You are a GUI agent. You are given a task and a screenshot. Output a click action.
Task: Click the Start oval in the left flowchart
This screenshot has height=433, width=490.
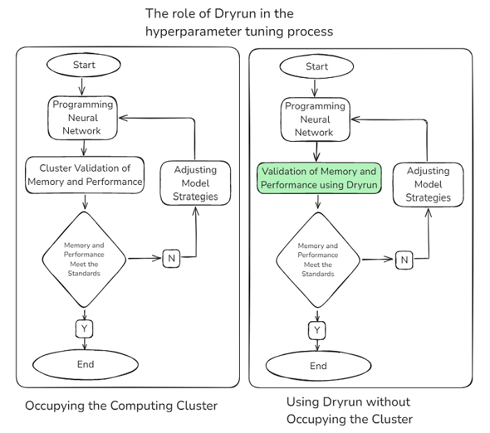click(83, 65)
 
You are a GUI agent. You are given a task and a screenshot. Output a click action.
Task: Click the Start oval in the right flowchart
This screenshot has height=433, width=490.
click(316, 67)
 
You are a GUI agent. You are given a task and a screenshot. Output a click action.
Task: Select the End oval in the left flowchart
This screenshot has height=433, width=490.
click(85, 364)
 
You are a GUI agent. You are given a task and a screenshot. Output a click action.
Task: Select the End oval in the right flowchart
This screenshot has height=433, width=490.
click(318, 366)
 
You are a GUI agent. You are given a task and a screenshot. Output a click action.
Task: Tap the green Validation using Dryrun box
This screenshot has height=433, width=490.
click(319, 179)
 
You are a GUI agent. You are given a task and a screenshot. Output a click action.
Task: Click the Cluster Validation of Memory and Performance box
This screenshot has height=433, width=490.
click(85, 175)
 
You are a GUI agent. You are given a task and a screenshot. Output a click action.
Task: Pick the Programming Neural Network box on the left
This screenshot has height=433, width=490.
click(83, 117)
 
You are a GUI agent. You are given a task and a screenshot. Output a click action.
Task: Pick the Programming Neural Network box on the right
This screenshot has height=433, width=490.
click(314, 120)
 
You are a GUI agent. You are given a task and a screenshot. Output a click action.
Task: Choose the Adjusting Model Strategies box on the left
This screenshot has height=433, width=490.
click(195, 183)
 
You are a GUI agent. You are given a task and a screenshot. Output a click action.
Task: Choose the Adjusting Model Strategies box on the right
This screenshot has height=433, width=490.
click(428, 185)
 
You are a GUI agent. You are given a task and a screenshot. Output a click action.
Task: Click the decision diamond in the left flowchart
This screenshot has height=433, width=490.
click(83, 259)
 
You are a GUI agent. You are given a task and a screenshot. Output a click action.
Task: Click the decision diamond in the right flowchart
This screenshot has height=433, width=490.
click(318, 260)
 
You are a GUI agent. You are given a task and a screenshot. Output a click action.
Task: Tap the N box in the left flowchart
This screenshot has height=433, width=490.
click(171, 259)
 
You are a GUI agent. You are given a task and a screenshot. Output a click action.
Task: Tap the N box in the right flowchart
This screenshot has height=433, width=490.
click(404, 260)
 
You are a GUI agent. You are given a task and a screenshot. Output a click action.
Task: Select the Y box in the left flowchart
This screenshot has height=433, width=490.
click(84, 327)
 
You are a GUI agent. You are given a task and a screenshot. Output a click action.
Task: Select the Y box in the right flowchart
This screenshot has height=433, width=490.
click(318, 329)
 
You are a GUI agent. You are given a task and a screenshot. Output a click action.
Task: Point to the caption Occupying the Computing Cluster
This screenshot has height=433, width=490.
click(122, 406)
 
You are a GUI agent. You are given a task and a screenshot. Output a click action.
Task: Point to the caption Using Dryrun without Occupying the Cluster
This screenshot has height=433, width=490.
click(349, 411)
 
